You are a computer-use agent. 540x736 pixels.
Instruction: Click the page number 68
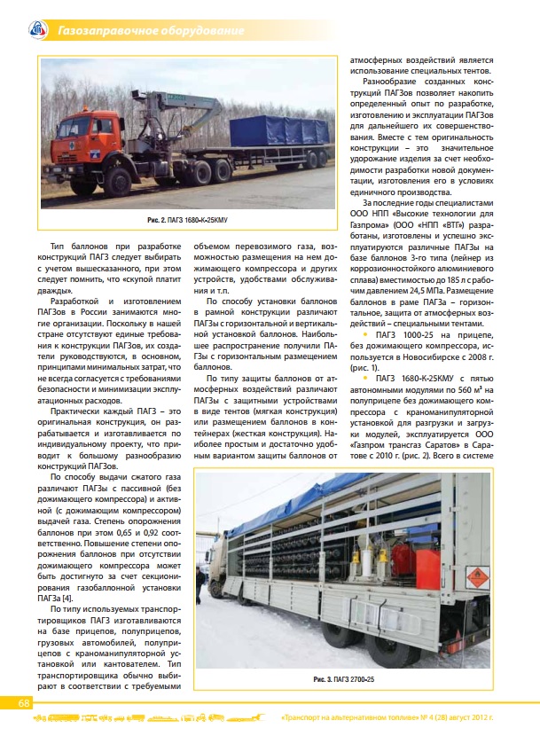[25, 702]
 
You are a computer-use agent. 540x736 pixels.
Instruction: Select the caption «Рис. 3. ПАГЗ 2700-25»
[344, 678]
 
